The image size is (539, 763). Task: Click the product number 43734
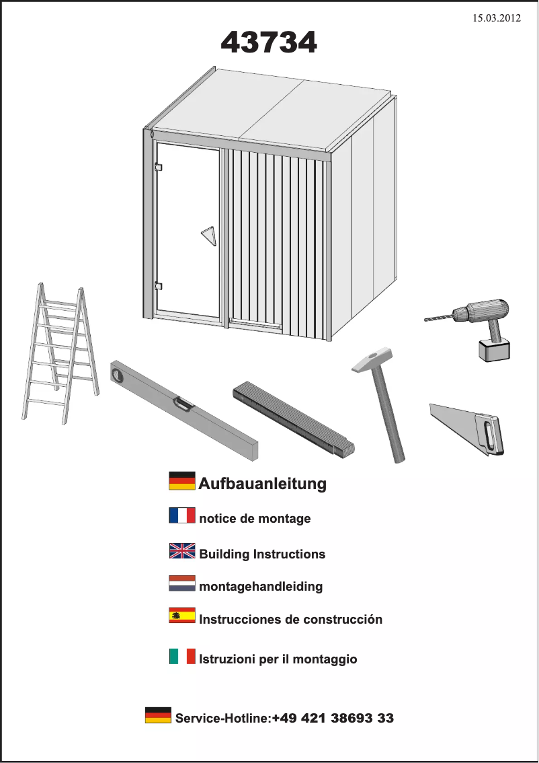[269, 42]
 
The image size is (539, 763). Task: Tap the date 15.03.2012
[497, 18]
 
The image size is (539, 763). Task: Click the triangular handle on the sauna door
[208, 237]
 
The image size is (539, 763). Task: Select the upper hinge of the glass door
[157, 167]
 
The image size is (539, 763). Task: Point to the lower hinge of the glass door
[157, 286]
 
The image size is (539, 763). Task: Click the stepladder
[60, 353]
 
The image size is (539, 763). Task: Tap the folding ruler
[294, 419]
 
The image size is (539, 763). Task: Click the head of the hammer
[372, 360]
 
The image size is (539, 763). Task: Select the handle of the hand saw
[491, 435]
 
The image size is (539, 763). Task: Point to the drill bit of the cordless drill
[439, 318]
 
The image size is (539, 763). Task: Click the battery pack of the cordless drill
[494, 350]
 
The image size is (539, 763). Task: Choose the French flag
[182, 515]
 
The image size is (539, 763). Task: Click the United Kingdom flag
[182, 551]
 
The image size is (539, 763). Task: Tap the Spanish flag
[182, 615]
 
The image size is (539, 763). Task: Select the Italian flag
[182, 656]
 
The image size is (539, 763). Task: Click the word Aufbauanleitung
[263, 484]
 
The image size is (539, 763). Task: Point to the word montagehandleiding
[261, 586]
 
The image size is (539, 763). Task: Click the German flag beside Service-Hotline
[159, 715]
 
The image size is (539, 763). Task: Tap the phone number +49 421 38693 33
[333, 718]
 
